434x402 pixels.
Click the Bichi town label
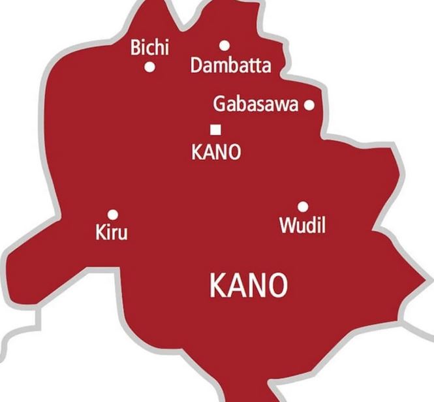coord(150,48)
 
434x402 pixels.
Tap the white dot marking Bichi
coord(150,67)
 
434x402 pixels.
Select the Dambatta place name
coord(230,65)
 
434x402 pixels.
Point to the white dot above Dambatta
coord(225,46)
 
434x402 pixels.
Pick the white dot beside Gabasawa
coord(309,104)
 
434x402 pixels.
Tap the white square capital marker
coord(215,129)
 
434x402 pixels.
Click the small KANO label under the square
coord(216,152)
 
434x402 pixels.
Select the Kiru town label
coord(112,232)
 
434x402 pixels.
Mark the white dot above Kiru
coord(113,214)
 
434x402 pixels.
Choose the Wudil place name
coord(302,226)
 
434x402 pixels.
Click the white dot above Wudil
coord(303,207)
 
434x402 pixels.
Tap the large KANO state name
coord(249,286)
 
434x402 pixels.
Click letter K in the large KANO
coord(218,286)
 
